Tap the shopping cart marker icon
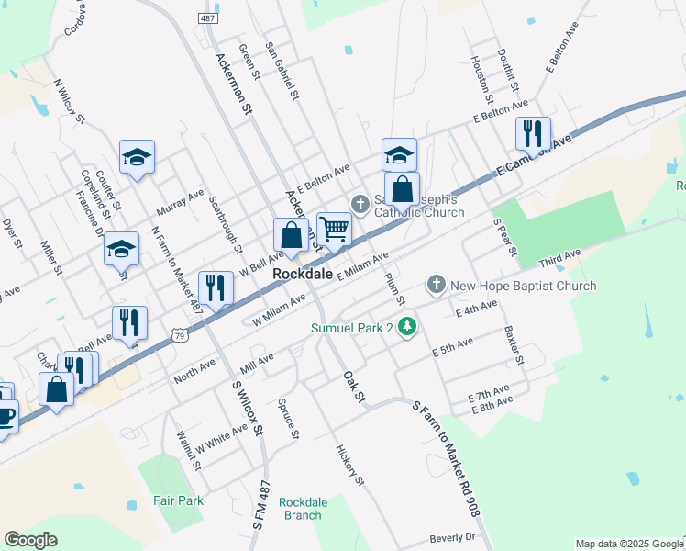(335, 229)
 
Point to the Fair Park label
(178, 500)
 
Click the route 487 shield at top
(207, 18)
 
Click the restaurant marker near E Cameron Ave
(533, 133)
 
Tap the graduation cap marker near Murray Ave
(137, 157)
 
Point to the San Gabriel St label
(282, 70)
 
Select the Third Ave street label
(559, 258)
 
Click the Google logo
(30, 540)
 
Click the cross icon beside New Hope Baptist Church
(437, 286)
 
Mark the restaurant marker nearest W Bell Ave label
(216, 288)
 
